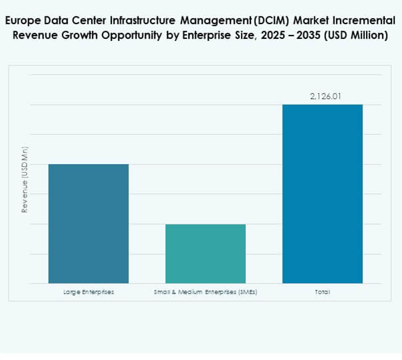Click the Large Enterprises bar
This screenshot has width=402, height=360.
coord(88,223)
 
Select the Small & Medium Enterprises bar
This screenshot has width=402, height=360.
coord(205,253)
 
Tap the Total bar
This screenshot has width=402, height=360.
coord(322,194)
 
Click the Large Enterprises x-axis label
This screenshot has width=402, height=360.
coord(88,292)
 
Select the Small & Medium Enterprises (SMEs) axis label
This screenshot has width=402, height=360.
coord(205,292)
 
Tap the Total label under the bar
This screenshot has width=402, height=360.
coord(322,292)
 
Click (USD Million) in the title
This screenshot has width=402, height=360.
coord(356,35)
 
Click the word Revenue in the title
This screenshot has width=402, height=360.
coord(34,35)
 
